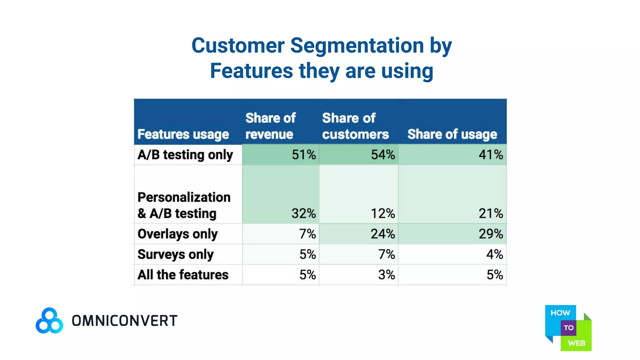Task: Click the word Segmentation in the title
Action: tap(357, 46)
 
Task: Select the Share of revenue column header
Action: tap(270, 126)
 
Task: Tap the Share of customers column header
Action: tap(355, 126)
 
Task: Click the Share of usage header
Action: tap(452, 134)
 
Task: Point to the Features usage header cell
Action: tap(183, 134)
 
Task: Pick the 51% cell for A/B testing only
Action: tap(303, 155)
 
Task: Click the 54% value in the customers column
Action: tap(382, 155)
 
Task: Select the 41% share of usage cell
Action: tap(490, 155)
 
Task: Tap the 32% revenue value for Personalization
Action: tap(303, 213)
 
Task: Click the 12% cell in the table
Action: tap(382, 213)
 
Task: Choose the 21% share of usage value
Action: tap(490, 213)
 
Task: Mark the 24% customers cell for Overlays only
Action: tap(382, 234)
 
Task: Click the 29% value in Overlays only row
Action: tap(490, 234)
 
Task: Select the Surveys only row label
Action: tap(175, 254)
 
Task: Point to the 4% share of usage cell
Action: tap(494, 254)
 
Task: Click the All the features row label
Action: tap(183, 275)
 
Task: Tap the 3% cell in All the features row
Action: tap(386, 275)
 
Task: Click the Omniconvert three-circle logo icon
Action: tap(49, 321)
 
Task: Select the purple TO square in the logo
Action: tap(568, 328)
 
